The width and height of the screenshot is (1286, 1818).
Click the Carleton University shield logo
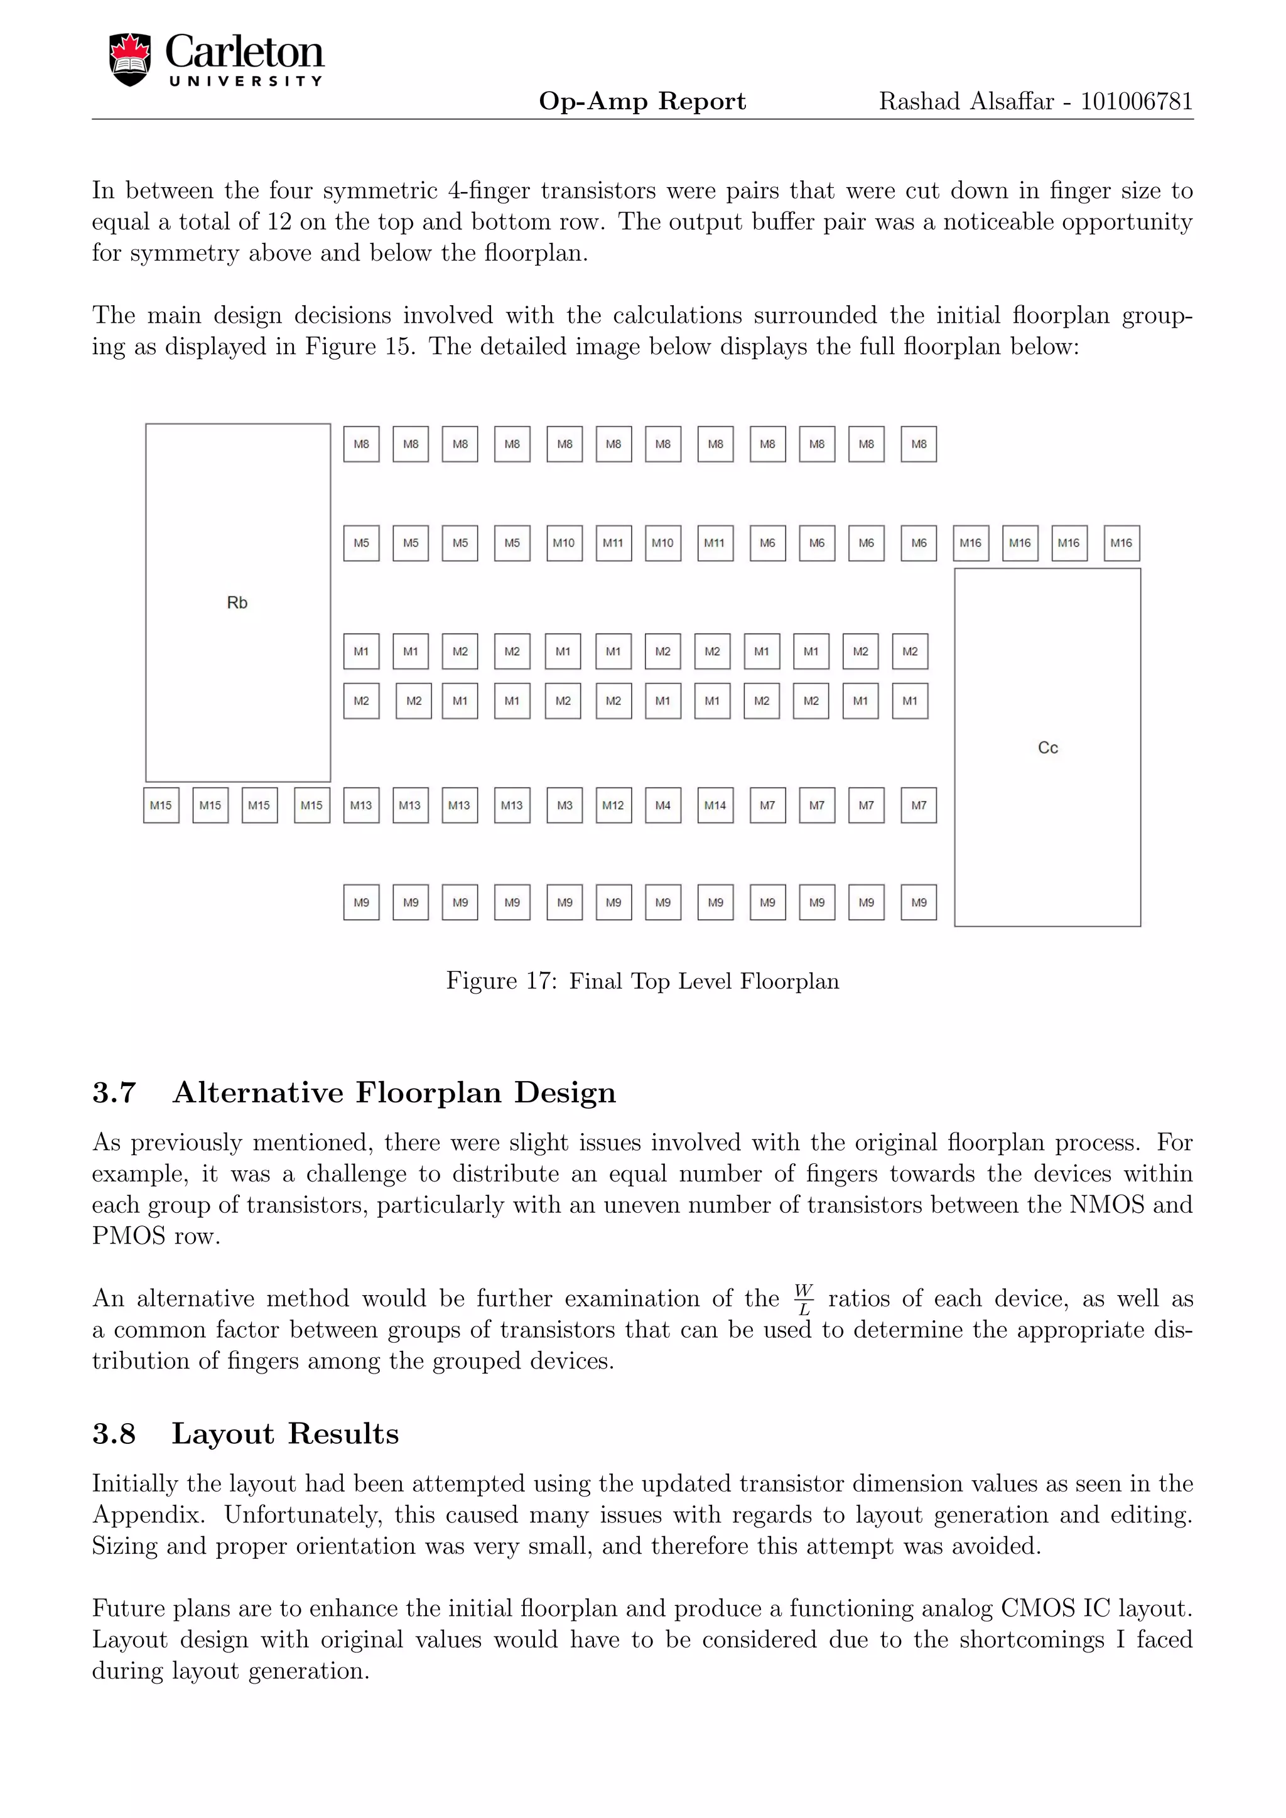tap(130, 60)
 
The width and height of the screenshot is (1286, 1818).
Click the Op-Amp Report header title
tap(642, 101)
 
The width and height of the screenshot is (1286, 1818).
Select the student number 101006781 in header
tap(1137, 101)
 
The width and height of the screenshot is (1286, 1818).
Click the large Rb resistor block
tap(237, 603)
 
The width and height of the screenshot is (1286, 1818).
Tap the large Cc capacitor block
tap(1047, 748)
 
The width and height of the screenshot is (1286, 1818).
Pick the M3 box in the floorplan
tap(565, 805)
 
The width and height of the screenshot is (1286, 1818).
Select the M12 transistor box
tap(613, 805)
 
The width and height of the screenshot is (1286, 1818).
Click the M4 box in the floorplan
tap(663, 805)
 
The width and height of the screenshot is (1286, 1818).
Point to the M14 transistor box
tap(715, 805)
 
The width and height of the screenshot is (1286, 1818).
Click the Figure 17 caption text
tap(642, 981)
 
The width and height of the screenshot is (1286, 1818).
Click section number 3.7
tap(114, 1093)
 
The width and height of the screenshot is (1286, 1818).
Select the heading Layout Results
tap(285, 1434)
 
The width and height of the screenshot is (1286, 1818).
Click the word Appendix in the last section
tap(148, 1515)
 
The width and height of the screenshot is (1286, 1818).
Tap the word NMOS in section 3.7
tap(1106, 1205)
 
